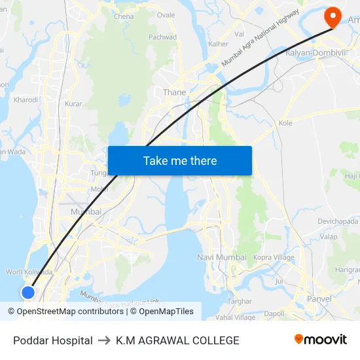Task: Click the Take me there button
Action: click(180, 160)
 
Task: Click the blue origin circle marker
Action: click(28, 292)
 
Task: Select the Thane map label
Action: click(175, 92)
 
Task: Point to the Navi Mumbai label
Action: click(221, 257)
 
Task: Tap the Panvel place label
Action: click(319, 299)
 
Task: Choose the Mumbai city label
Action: click(86, 211)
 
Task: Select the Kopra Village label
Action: click(274, 257)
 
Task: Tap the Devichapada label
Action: click(338, 221)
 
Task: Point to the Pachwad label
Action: click(162, 37)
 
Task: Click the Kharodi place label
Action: click(26, 100)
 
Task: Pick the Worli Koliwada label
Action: click(29, 272)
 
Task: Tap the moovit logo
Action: click(320, 339)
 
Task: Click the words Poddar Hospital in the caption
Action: click(52, 340)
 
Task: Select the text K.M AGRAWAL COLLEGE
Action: click(177, 340)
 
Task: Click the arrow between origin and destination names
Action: click(104, 340)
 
